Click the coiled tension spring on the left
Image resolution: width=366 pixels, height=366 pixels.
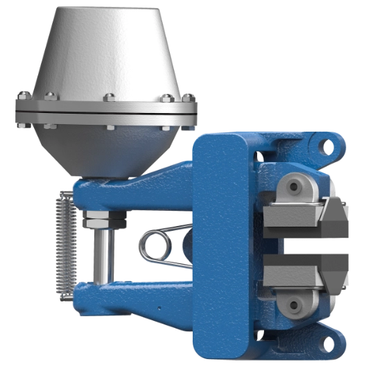(64, 243)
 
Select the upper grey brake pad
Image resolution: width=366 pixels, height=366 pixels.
(291, 216)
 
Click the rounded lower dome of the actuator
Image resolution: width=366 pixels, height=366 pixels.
(104, 149)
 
